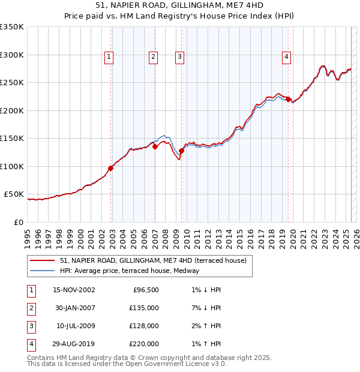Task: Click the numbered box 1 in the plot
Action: pos(109,57)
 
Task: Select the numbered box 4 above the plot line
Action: pos(287,57)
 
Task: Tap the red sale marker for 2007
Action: pos(155,146)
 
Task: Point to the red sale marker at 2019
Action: pos(288,99)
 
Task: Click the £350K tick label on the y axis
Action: pos(12,27)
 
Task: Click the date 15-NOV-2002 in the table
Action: pos(74,290)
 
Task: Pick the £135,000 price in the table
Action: pos(144,308)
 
